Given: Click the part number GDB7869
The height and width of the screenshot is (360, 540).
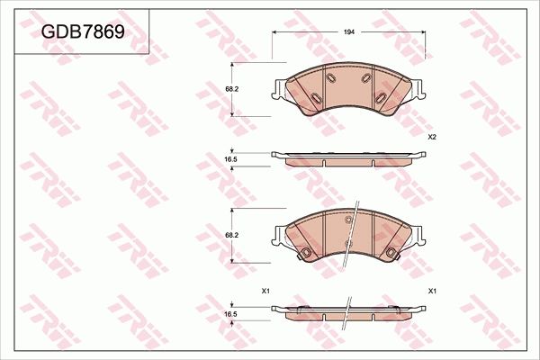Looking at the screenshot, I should [82, 31].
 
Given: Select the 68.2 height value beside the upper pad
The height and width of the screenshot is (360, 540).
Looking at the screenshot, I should [230, 89].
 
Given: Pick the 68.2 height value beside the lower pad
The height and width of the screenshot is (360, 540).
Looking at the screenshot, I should [230, 234].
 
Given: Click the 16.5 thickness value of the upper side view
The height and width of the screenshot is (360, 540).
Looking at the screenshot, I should [230, 159].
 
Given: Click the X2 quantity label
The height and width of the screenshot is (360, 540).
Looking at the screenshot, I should [432, 137].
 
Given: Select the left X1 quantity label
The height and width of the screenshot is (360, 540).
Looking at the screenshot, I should [265, 291].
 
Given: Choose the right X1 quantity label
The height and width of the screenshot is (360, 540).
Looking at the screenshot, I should [432, 291].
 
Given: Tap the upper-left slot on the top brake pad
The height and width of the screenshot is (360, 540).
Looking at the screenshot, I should [329, 80].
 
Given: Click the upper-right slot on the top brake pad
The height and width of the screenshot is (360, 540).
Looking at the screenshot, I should [368, 80].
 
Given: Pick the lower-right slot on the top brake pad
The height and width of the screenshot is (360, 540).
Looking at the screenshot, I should [384, 96].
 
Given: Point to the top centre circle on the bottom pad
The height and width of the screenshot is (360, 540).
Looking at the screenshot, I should [348, 220].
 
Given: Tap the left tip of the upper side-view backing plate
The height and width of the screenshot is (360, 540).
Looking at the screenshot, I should [274, 156].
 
